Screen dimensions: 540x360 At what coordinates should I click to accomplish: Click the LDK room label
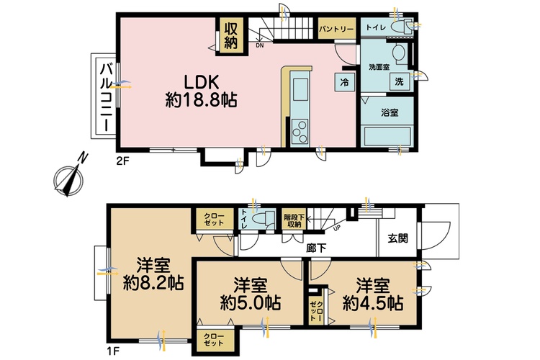click(x=201, y=83)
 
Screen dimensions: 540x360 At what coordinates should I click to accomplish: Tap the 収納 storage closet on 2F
click(x=230, y=35)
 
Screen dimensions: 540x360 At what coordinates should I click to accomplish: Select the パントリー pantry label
click(x=336, y=29)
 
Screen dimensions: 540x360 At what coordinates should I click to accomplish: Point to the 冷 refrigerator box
click(x=344, y=82)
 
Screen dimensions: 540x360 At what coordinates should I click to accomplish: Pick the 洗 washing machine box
click(x=399, y=82)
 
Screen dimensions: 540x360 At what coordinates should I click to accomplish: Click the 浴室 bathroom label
click(x=390, y=112)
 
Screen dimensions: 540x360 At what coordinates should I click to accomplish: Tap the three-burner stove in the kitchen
click(x=300, y=132)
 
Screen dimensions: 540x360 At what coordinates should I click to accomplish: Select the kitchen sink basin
click(x=300, y=89)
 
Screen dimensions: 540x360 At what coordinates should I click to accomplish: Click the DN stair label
click(x=260, y=45)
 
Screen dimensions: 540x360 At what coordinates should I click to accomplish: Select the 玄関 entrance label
click(x=397, y=238)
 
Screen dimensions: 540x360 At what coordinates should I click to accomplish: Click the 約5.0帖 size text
click(x=251, y=303)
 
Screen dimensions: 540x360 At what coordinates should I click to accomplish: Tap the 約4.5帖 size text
click(x=373, y=303)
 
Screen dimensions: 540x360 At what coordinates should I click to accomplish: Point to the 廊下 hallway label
click(x=316, y=248)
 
